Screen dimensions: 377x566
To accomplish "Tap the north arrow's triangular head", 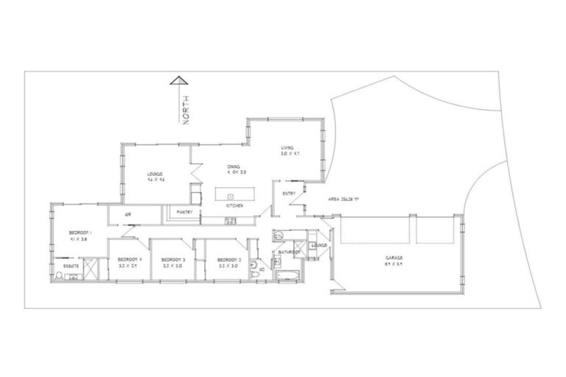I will click(x=177, y=81).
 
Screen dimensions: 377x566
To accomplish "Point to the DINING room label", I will click(x=234, y=167).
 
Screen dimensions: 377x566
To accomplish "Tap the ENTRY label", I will click(x=289, y=193).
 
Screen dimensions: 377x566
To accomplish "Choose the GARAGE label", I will click(x=393, y=258).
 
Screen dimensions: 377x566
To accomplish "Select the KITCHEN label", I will click(x=234, y=205).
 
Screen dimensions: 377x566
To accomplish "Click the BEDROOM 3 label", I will click(x=172, y=259).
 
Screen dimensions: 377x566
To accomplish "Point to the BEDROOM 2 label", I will click(x=228, y=259).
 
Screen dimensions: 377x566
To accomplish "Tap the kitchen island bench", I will click(x=234, y=196).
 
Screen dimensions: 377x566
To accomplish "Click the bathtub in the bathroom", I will click(x=285, y=276).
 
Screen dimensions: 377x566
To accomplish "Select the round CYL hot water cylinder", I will click(x=279, y=236).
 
